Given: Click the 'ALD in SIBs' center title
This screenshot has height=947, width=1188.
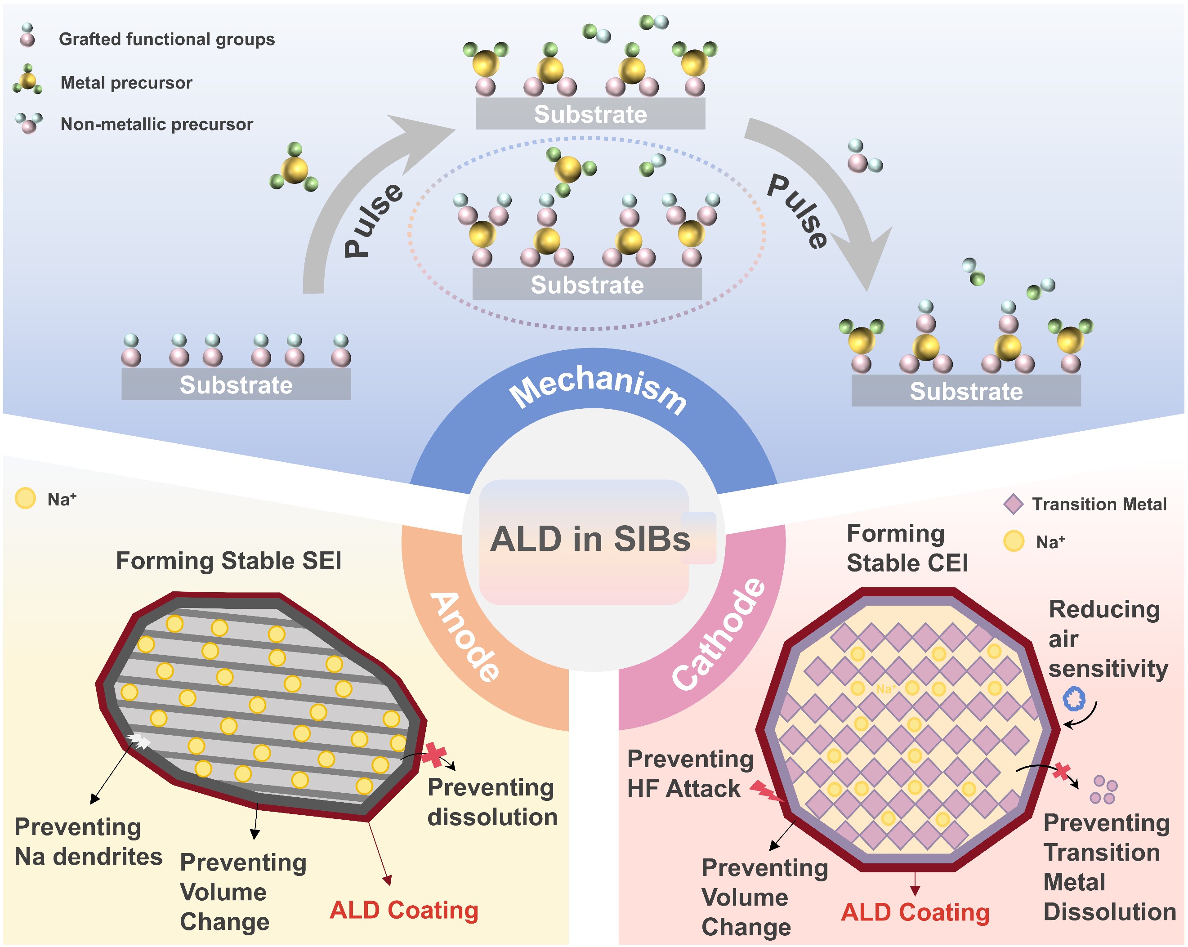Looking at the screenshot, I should [x=590, y=538].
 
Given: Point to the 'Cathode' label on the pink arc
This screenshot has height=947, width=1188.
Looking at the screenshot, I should [x=719, y=634].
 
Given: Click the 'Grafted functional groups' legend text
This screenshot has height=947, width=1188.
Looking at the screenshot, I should [x=166, y=39].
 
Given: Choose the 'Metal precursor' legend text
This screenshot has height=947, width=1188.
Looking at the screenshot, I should [x=126, y=83].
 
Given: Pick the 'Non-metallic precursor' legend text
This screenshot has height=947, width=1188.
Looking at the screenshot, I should [x=156, y=124].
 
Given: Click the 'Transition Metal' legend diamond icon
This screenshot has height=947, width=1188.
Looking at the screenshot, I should [x=1013, y=504].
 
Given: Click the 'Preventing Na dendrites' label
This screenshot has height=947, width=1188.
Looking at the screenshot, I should [x=88, y=842].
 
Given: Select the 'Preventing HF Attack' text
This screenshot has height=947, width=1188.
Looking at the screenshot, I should [x=689, y=773].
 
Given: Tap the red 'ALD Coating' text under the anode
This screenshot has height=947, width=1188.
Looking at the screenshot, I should [x=403, y=910].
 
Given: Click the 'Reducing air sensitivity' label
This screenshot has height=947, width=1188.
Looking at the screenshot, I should [x=1108, y=639].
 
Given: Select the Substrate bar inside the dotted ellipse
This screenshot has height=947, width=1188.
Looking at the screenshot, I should [x=587, y=284].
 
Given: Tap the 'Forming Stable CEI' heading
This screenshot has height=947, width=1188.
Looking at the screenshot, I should [x=907, y=548].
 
